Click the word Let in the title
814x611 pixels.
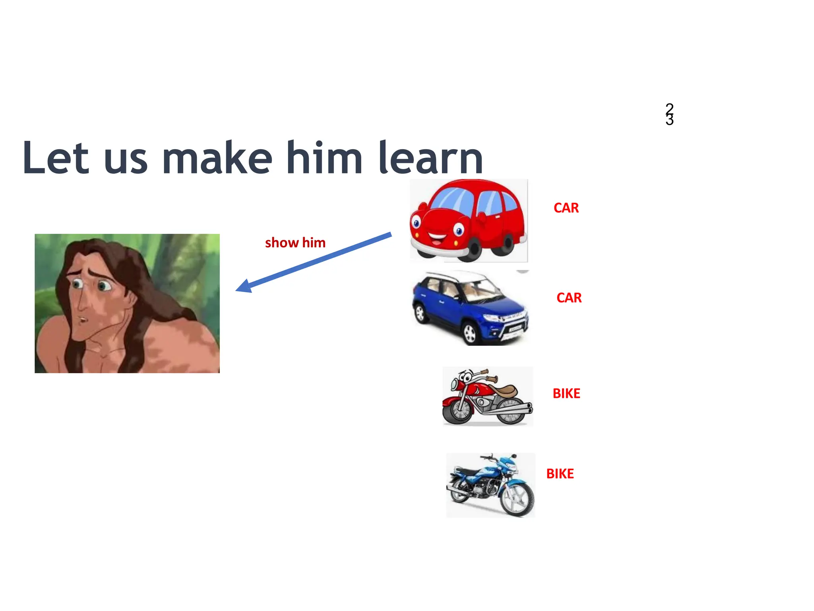[55, 158]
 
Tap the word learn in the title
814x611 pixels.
[431, 158]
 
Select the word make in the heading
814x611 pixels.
[217, 158]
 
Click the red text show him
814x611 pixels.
[295, 243]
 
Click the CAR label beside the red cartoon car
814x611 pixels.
[566, 208]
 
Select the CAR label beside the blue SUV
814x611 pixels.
[569, 298]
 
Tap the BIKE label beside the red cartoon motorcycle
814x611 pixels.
[566, 393]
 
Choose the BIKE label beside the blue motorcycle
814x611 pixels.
[560, 474]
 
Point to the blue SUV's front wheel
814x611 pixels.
[470, 333]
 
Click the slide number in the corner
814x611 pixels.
[669, 114]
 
